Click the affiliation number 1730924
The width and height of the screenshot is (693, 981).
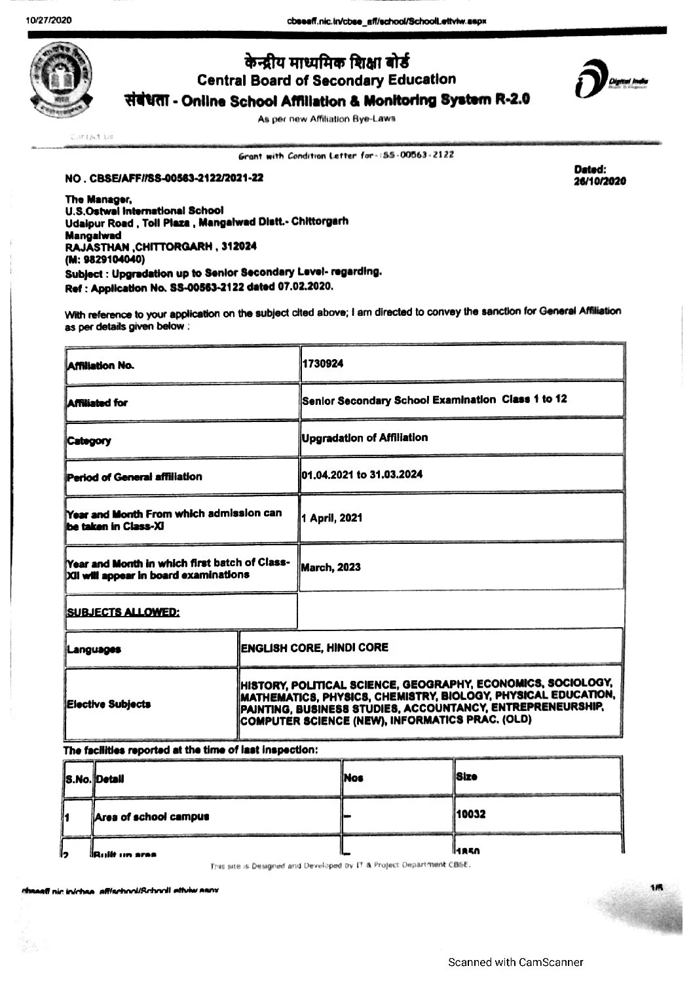click(x=322, y=363)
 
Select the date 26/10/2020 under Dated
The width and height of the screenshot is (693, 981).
click(x=599, y=182)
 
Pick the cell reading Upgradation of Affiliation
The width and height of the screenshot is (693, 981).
click(x=365, y=438)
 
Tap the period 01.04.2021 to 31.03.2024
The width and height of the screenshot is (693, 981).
click(x=362, y=474)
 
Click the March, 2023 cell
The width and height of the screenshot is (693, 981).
click(x=331, y=567)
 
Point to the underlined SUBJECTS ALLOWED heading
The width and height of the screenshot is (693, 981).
click(x=123, y=612)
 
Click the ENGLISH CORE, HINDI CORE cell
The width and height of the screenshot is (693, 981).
click(x=314, y=647)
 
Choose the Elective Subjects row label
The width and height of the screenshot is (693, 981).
click(x=109, y=704)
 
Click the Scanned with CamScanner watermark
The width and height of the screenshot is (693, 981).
click(x=515, y=962)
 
